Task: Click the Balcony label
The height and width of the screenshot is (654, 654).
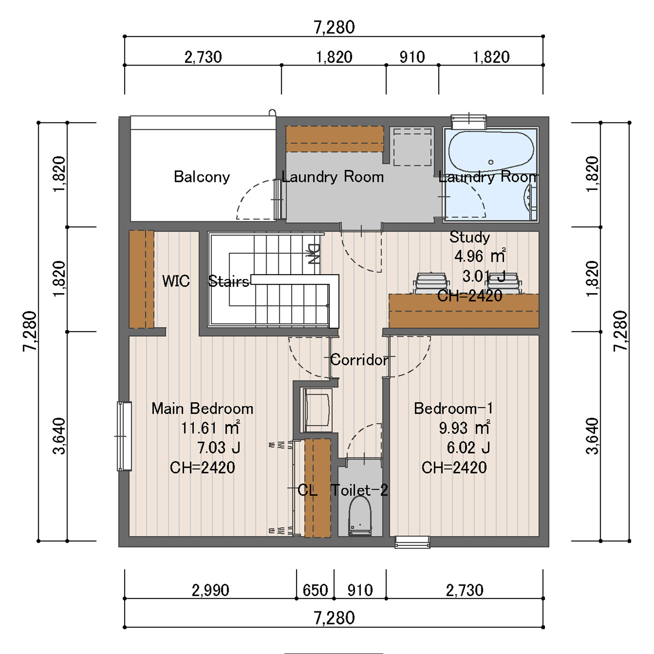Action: click(202, 177)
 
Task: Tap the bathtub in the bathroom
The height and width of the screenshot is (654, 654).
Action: click(491, 151)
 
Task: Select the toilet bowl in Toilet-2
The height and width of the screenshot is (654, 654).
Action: click(360, 516)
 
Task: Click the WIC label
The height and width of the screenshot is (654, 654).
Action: click(176, 281)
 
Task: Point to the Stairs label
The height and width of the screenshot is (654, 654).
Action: click(229, 281)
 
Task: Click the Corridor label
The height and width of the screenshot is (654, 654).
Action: click(359, 360)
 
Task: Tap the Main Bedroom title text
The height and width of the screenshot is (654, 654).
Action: click(202, 408)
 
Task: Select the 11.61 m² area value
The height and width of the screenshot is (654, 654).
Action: click(210, 428)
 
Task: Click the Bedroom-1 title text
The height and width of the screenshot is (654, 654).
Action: click(453, 408)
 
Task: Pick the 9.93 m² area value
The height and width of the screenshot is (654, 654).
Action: click(464, 428)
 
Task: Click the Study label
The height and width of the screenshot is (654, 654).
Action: click(470, 237)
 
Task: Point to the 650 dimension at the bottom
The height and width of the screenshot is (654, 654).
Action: click(315, 590)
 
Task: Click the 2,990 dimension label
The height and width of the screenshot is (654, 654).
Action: click(210, 590)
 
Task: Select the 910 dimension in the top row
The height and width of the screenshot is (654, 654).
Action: click(412, 57)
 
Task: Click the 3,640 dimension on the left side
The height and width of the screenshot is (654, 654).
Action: click(59, 436)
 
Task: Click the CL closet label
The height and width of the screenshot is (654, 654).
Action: click(307, 490)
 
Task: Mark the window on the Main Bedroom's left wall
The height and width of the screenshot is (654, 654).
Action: click(124, 436)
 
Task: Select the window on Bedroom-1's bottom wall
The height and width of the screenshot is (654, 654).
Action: click(412, 542)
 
